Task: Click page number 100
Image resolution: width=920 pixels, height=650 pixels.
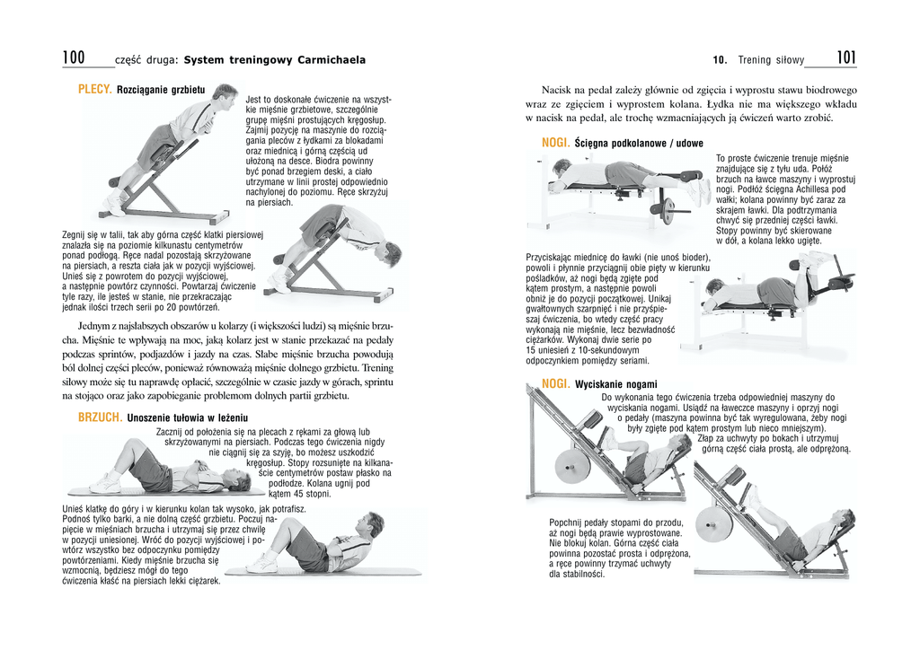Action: pyautogui.click(x=74, y=58)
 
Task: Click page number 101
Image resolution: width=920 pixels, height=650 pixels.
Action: pyautogui.click(x=845, y=58)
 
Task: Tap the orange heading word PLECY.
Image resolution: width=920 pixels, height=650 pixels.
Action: pyautogui.click(x=94, y=90)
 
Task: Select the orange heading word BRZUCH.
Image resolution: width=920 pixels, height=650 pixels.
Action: pyautogui.click(x=100, y=417)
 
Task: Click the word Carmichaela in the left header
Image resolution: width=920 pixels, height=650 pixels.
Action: pyautogui.click(x=327, y=60)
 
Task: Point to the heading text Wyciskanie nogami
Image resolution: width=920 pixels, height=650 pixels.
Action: pyautogui.click(x=615, y=384)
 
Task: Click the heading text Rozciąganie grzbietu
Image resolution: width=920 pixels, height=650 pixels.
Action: pyautogui.click(x=161, y=91)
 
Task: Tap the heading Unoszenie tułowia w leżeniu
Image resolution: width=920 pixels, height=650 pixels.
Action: pyautogui.click(x=187, y=418)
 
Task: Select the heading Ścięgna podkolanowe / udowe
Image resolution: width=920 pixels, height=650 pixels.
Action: pyautogui.click(x=639, y=144)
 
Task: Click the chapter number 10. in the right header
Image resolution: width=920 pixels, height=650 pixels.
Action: pyautogui.click(x=720, y=60)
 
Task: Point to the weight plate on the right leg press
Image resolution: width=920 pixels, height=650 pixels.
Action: pyautogui.click(x=713, y=523)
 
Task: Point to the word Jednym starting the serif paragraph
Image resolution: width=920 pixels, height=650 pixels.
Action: pyautogui.click(x=96, y=325)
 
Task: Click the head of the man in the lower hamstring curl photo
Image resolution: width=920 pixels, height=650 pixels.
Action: pyautogui.click(x=714, y=289)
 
